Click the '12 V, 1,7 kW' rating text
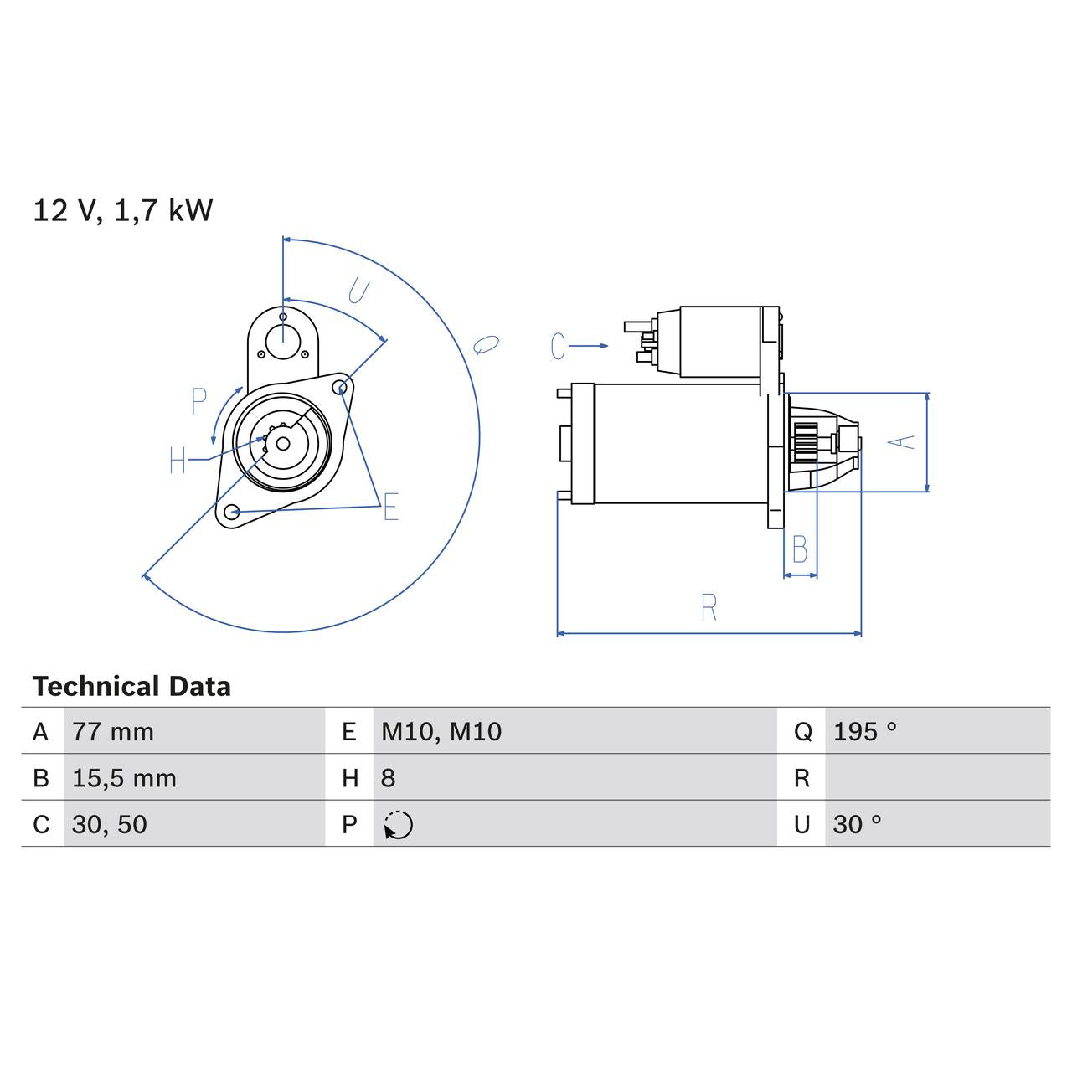click(x=122, y=210)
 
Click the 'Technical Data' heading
click(x=131, y=687)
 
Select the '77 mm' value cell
click(x=113, y=732)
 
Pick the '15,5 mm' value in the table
click(x=124, y=778)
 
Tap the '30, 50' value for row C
click(x=110, y=824)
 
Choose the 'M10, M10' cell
click(x=441, y=732)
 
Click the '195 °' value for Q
click(x=864, y=732)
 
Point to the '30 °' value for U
click(x=857, y=824)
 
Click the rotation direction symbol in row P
click(x=399, y=825)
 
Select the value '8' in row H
click(x=388, y=778)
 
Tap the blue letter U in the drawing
click(x=358, y=291)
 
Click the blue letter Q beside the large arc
click(x=486, y=344)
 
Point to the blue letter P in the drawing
click(x=198, y=402)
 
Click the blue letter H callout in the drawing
click(x=178, y=460)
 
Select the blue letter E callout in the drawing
click(x=390, y=508)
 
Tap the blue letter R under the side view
click(x=709, y=607)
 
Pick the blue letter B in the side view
click(x=800, y=550)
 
